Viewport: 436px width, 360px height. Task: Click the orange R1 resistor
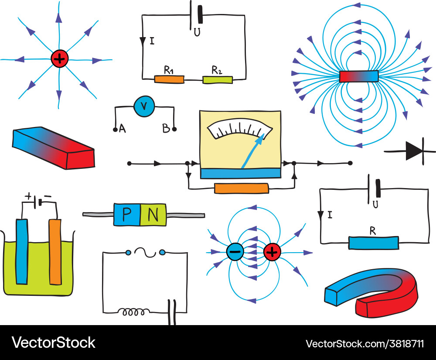pyautogui.click(x=169, y=79)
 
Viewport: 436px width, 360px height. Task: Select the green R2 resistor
pyautogui.click(x=218, y=79)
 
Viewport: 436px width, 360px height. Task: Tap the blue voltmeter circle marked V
pyautogui.click(x=144, y=107)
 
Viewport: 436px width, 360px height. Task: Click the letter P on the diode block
pyautogui.click(x=126, y=214)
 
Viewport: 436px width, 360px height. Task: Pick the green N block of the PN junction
pyautogui.click(x=153, y=214)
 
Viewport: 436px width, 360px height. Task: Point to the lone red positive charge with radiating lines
pyautogui.click(x=59, y=59)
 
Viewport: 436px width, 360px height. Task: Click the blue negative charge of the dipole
pyautogui.click(x=235, y=252)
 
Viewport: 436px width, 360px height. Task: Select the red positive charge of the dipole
pyautogui.click(x=272, y=252)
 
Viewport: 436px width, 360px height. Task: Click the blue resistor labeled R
pyautogui.click(x=373, y=243)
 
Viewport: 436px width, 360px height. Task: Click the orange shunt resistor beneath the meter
pyautogui.click(x=242, y=189)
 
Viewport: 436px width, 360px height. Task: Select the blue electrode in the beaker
pyautogui.click(x=21, y=251)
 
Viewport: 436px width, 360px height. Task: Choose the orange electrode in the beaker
pyautogui.click(x=55, y=251)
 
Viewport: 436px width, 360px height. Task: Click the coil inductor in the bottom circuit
pyautogui.click(x=134, y=312)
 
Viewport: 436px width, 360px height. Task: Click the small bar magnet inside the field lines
pyautogui.click(x=359, y=76)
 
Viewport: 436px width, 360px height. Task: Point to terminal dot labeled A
pyautogui.click(x=115, y=130)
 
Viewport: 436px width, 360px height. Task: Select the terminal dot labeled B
pyautogui.click(x=174, y=130)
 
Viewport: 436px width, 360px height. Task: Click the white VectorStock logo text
pyautogui.click(x=53, y=343)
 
